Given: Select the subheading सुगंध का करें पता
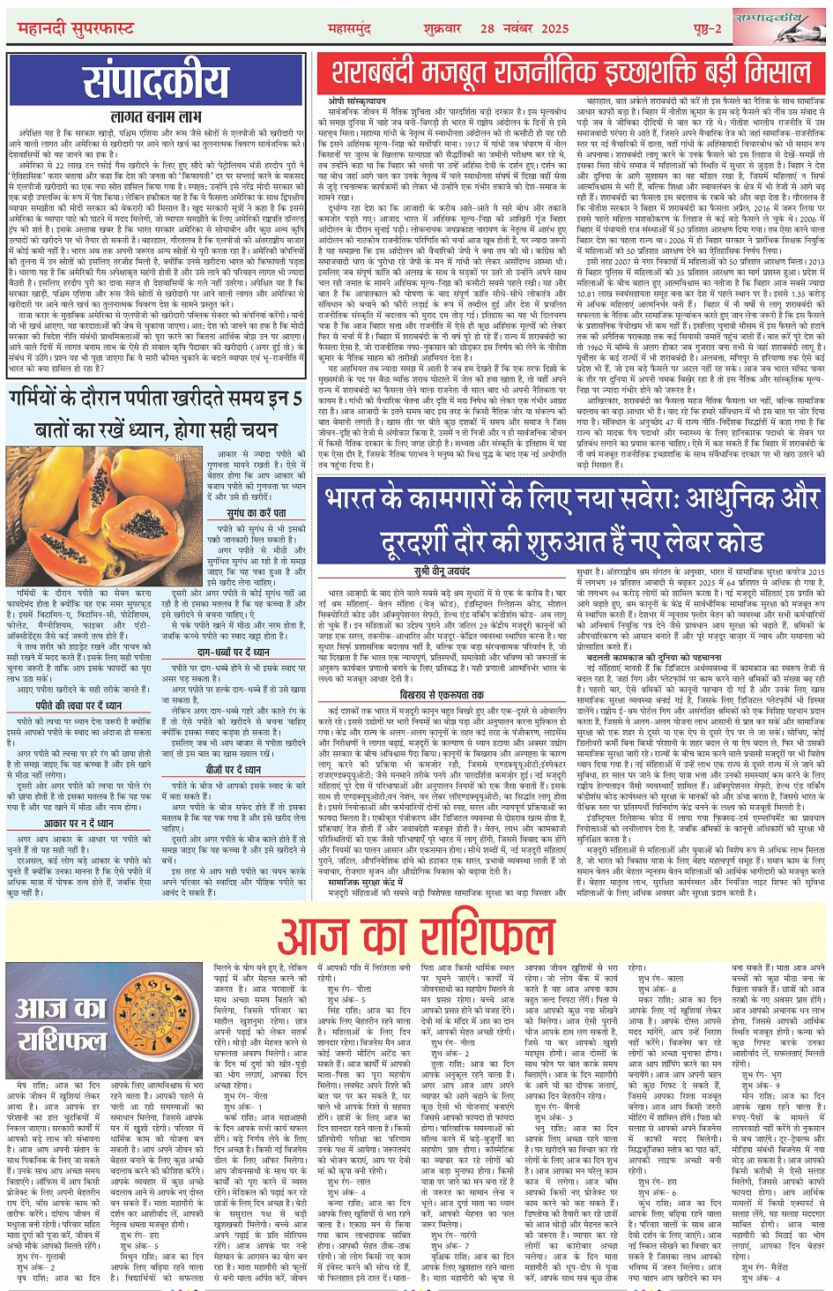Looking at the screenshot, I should (256, 513).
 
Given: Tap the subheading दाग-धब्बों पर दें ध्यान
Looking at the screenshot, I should (234, 652).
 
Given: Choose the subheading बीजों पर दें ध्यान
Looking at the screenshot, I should (228, 770).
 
